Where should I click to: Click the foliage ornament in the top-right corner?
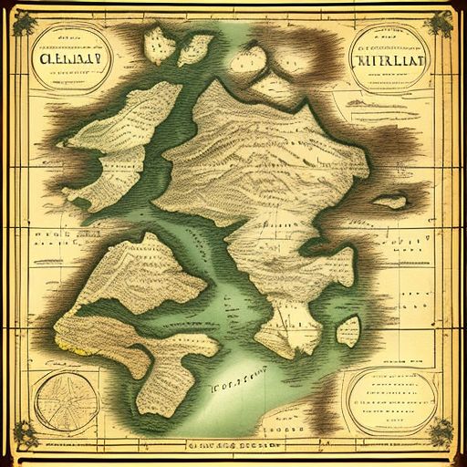pos(443,23)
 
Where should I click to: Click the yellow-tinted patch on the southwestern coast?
pos(64,342)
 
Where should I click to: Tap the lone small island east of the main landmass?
pos(389,200)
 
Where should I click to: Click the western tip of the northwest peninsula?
pos(61,137)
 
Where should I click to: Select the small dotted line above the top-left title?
pos(64,35)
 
